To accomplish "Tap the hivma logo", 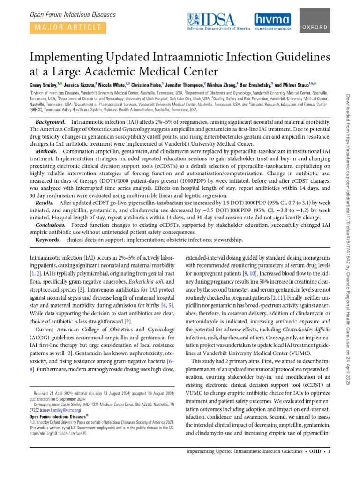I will coord(272,22).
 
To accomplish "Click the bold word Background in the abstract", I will coord(52,122).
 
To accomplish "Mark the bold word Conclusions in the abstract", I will coord(51,225).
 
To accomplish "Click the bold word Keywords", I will coord(48,240).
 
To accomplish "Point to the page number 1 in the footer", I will coord(330,451).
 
